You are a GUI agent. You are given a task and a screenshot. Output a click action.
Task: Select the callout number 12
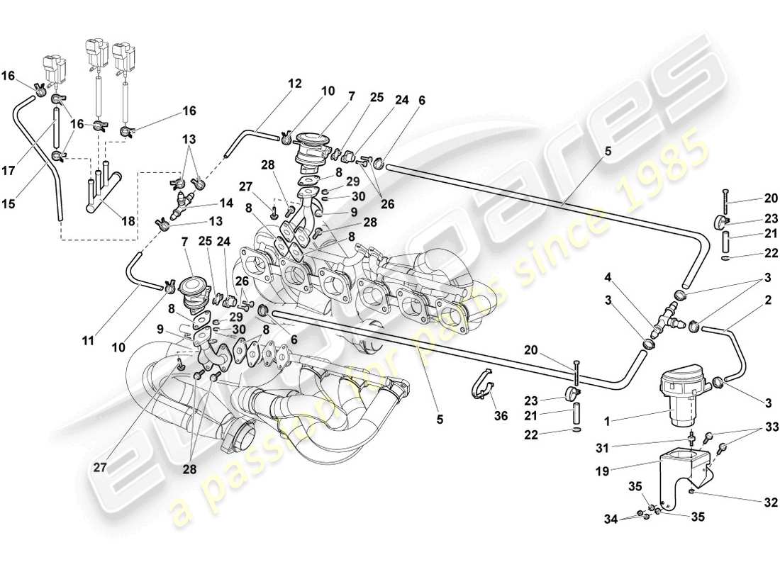click(x=295, y=84)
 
